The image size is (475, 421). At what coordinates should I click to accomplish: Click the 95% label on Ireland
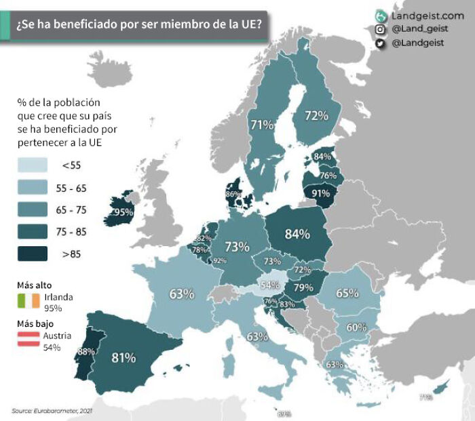click(x=123, y=212)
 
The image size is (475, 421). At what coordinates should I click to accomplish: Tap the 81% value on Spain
click(x=124, y=357)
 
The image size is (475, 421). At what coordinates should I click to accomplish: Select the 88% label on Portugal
click(x=85, y=351)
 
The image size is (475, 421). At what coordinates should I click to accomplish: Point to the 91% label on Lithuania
click(x=321, y=193)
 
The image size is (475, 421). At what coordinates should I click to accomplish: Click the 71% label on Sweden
click(x=261, y=125)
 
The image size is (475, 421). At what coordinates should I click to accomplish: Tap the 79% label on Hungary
click(x=303, y=287)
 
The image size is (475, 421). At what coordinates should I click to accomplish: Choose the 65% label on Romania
click(x=347, y=294)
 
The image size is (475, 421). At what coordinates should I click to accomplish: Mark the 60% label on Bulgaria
click(x=357, y=327)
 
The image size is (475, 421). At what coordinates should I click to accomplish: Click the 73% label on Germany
click(x=237, y=247)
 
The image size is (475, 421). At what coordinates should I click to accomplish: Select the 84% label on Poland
click(x=297, y=234)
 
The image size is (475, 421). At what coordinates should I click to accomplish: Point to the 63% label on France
click(x=182, y=294)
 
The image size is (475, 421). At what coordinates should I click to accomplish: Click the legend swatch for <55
click(x=33, y=165)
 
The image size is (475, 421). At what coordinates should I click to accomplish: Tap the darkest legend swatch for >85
click(x=33, y=254)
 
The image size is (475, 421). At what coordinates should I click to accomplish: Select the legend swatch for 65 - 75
click(x=33, y=209)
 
